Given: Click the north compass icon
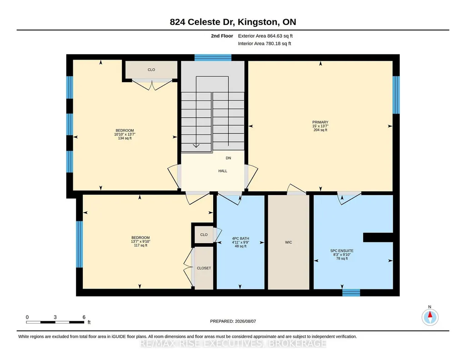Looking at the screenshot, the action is pos(430,317).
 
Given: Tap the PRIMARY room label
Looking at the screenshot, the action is pos(320,122).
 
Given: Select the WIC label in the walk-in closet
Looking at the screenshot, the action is pos(288,242).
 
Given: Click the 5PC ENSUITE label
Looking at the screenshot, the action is pos(342,251).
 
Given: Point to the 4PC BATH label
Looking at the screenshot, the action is pos(241,239).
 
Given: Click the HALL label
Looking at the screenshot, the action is pos(223,171).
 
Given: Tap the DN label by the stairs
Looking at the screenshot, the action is pos(228,158).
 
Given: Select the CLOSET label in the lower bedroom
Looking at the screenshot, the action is pos(204,268).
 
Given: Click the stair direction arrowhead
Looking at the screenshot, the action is pos(196,145).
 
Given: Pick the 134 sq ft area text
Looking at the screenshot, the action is pos(125,138).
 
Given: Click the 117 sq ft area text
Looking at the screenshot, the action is pos(140,245).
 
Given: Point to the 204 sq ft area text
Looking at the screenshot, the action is pos(321,130).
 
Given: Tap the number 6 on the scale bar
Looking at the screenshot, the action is pos(84,317).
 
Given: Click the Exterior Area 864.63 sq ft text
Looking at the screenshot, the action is pos(266,36).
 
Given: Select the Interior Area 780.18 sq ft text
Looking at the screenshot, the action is pos(265,43).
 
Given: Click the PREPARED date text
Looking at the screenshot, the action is pos(233,321).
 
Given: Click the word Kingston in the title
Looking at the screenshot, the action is pos(258,22).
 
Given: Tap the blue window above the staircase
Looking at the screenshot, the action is pos(213,58).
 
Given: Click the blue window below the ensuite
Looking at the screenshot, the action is pos(351,293).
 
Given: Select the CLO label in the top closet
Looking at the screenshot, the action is pos(151,70).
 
